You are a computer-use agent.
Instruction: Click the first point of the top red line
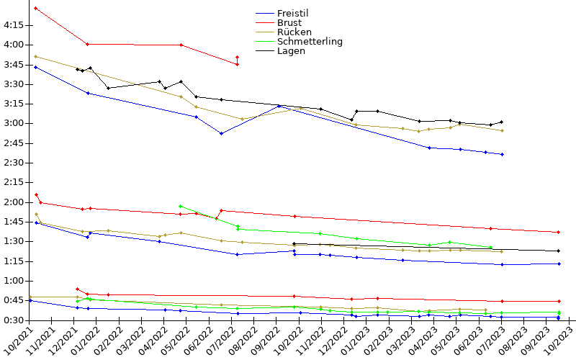click(x=36, y=9)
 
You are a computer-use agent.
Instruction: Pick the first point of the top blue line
click(x=36, y=67)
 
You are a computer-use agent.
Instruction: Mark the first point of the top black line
click(x=77, y=69)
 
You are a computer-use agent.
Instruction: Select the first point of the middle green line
click(x=180, y=206)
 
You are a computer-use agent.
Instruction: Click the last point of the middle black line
click(x=558, y=251)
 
